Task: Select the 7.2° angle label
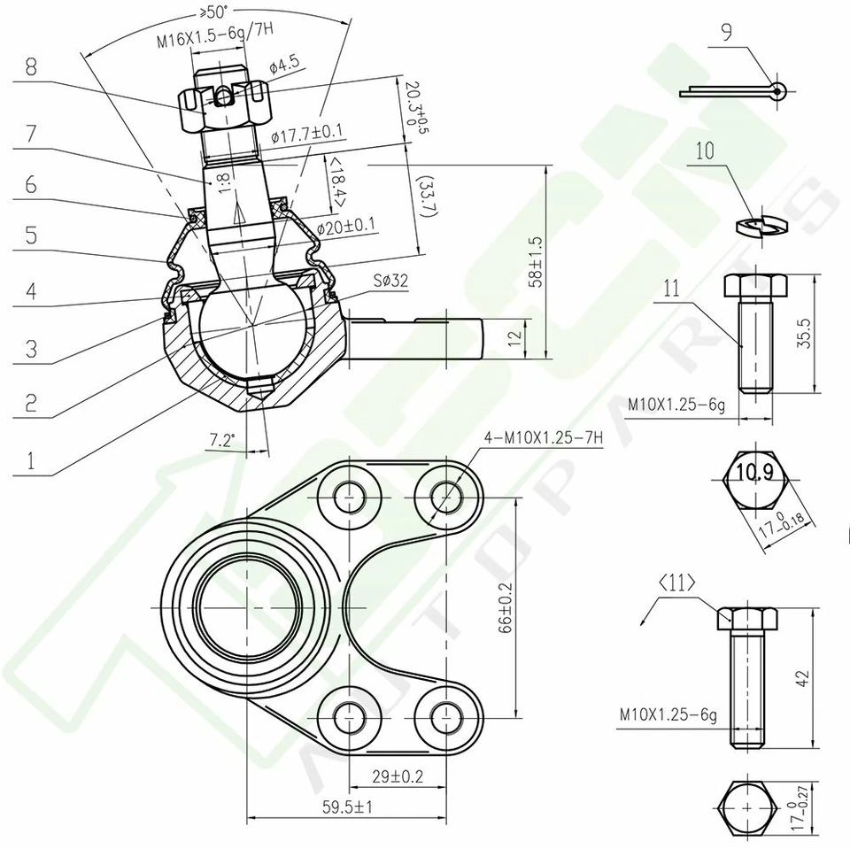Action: click(221, 440)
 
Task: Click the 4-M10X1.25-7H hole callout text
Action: click(545, 437)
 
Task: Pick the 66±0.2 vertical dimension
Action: click(506, 607)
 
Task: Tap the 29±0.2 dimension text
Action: click(397, 776)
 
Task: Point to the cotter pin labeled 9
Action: click(735, 90)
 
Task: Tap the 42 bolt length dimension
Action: click(803, 677)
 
